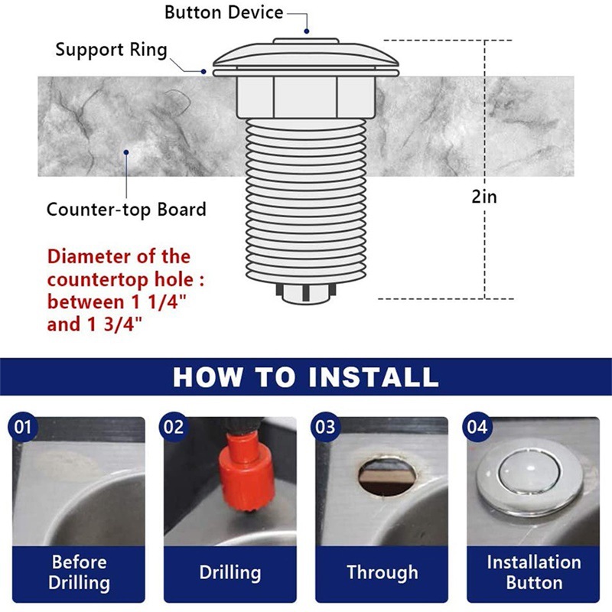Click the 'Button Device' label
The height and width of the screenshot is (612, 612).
[x=223, y=13]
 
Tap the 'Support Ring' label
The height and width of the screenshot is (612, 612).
[x=111, y=50]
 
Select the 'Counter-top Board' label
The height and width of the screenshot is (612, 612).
[x=126, y=209]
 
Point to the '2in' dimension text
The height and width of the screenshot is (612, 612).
[x=484, y=196]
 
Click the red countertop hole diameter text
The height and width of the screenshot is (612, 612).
[x=119, y=290]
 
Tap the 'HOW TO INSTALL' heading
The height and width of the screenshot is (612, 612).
[x=306, y=376]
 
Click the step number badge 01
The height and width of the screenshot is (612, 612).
[x=24, y=426]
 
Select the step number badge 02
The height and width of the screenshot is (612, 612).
[x=174, y=426]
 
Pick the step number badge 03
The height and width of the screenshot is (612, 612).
[x=326, y=426]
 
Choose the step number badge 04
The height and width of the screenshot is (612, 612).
[x=477, y=426]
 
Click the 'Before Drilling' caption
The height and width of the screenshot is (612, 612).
[x=80, y=572]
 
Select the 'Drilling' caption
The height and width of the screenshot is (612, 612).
[x=230, y=572]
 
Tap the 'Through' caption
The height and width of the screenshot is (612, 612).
[x=382, y=572]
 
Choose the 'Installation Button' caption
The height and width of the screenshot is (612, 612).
[x=533, y=572]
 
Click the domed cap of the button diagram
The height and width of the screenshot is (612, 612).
[x=305, y=55]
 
